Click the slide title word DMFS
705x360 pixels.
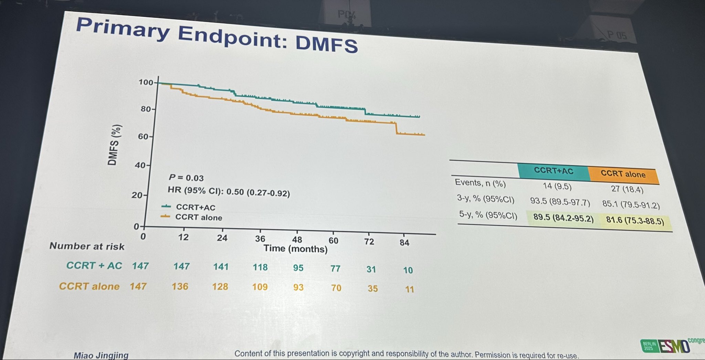pyautogui.click(x=326, y=45)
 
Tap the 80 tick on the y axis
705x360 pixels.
pyautogui.click(x=146, y=109)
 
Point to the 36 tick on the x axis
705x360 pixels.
pyautogui.click(x=260, y=239)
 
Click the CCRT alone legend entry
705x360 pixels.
pyautogui.click(x=198, y=218)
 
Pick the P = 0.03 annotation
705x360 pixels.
pyautogui.click(x=186, y=178)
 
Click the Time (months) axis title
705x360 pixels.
pyautogui.click(x=295, y=249)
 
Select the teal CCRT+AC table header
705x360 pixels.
pyautogui.click(x=553, y=171)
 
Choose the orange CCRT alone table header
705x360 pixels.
pyautogui.click(x=623, y=174)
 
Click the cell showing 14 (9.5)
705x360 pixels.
pyautogui.click(x=557, y=187)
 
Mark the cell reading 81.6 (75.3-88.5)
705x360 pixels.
pyautogui.click(x=635, y=220)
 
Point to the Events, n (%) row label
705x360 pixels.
pyautogui.click(x=480, y=183)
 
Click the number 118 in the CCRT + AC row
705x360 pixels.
pyautogui.click(x=260, y=267)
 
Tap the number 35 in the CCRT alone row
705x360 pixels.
pyautogui.click(x=372, y=288)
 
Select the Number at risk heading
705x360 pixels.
pyautogui.click(x=87, y=246)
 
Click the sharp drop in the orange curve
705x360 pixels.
pyautogui.click(x=396, y=128)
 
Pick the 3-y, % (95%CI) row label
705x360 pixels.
pyautogui.click(x=485, y=199)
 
